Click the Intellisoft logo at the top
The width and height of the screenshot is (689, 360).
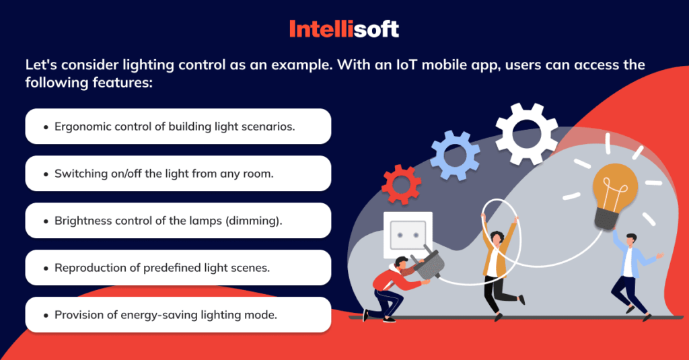[344, 28]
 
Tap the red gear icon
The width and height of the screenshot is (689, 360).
[401, 184]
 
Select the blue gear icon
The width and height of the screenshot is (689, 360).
[456, 151]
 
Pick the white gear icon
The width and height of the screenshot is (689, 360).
[528, 134]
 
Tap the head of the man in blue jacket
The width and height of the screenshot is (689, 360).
[630, 240]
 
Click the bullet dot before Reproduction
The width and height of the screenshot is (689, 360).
[45, 268]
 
